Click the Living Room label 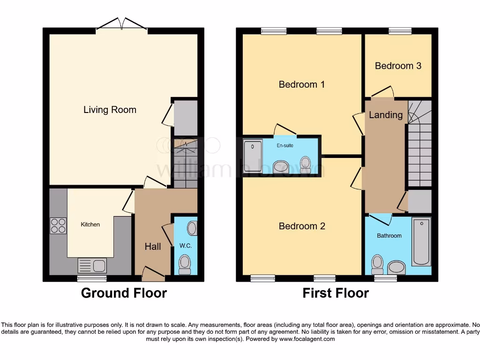coord(110,110)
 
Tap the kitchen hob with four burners coord(58,226)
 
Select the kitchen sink coord(92,266)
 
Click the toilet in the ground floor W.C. coord(185,264)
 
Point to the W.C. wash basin coord(192,229)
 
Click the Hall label coord(153,247)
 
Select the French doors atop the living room coord(122,24)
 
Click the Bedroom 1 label coord(301,84)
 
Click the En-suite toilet coord(306,164)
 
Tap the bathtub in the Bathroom coord(421,241)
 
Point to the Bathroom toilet coord(376,264)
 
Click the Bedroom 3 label coord(398,66)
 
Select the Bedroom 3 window coord(400,31)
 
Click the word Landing coord(385,115)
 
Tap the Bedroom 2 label coord(301,226)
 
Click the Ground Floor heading coord(124,293)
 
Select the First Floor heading coord(335,293)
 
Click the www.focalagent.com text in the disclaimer coord(307,339)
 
